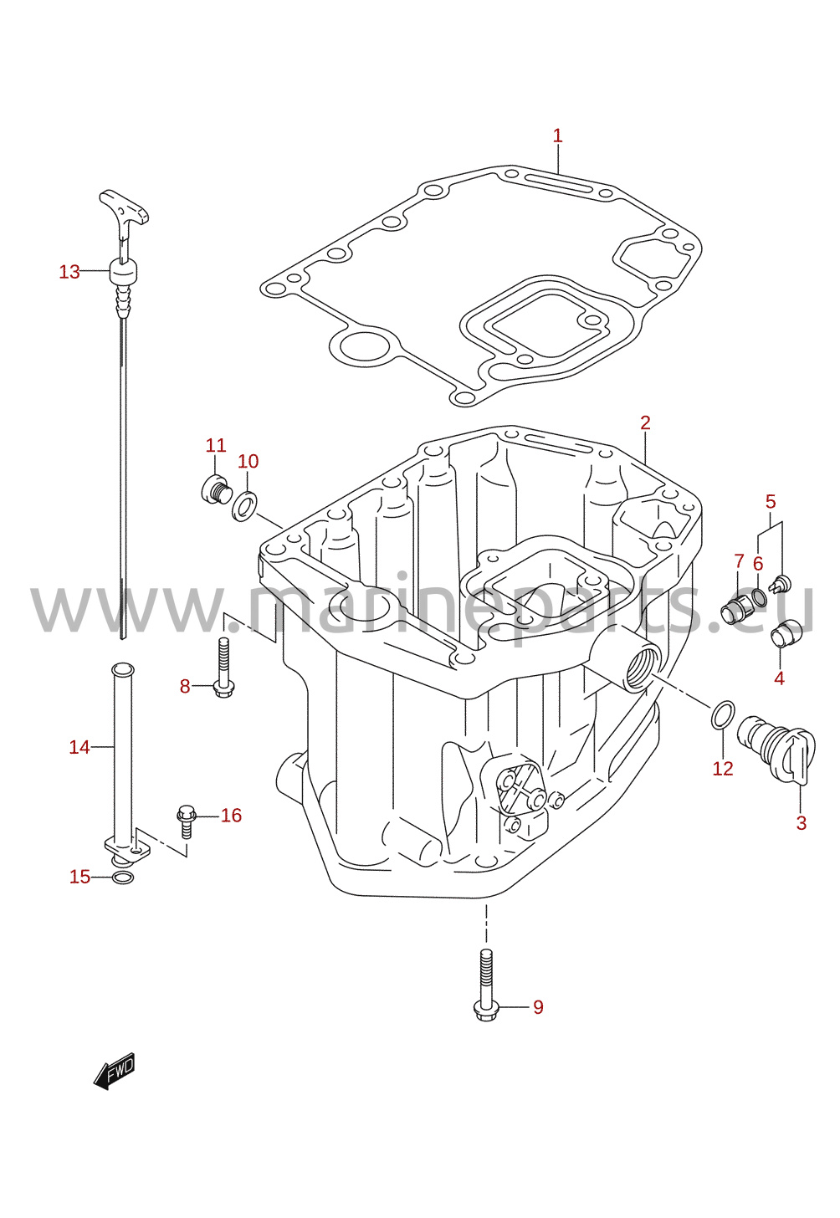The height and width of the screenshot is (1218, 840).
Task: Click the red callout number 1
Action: pos(557,136)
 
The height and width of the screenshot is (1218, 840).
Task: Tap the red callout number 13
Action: pos(69,271)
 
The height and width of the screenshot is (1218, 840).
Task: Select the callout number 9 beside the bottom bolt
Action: pos(538,1007)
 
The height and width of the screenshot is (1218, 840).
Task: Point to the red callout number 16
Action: pos(231,815)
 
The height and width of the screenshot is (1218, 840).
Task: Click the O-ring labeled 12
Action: pos(723,714)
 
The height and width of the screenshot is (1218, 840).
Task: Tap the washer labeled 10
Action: pos(245,504)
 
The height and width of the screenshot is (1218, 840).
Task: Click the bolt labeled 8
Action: pos(223,667)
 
